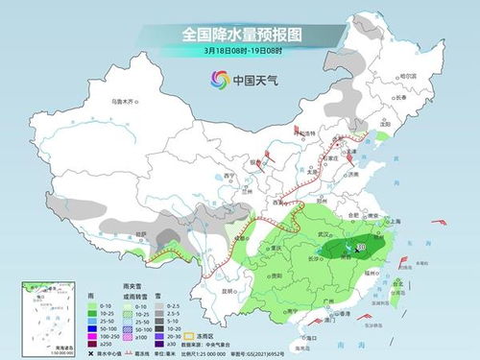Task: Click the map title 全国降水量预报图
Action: tap(240, 34)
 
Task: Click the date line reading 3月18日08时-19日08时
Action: tap(240, 50)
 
